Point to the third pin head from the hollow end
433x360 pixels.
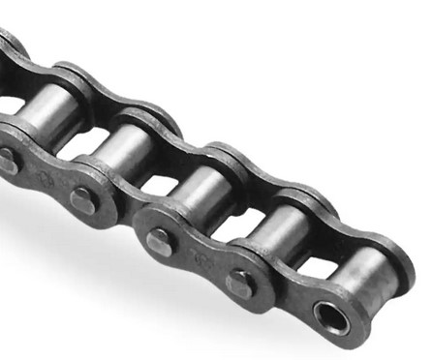tap(83, 200)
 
